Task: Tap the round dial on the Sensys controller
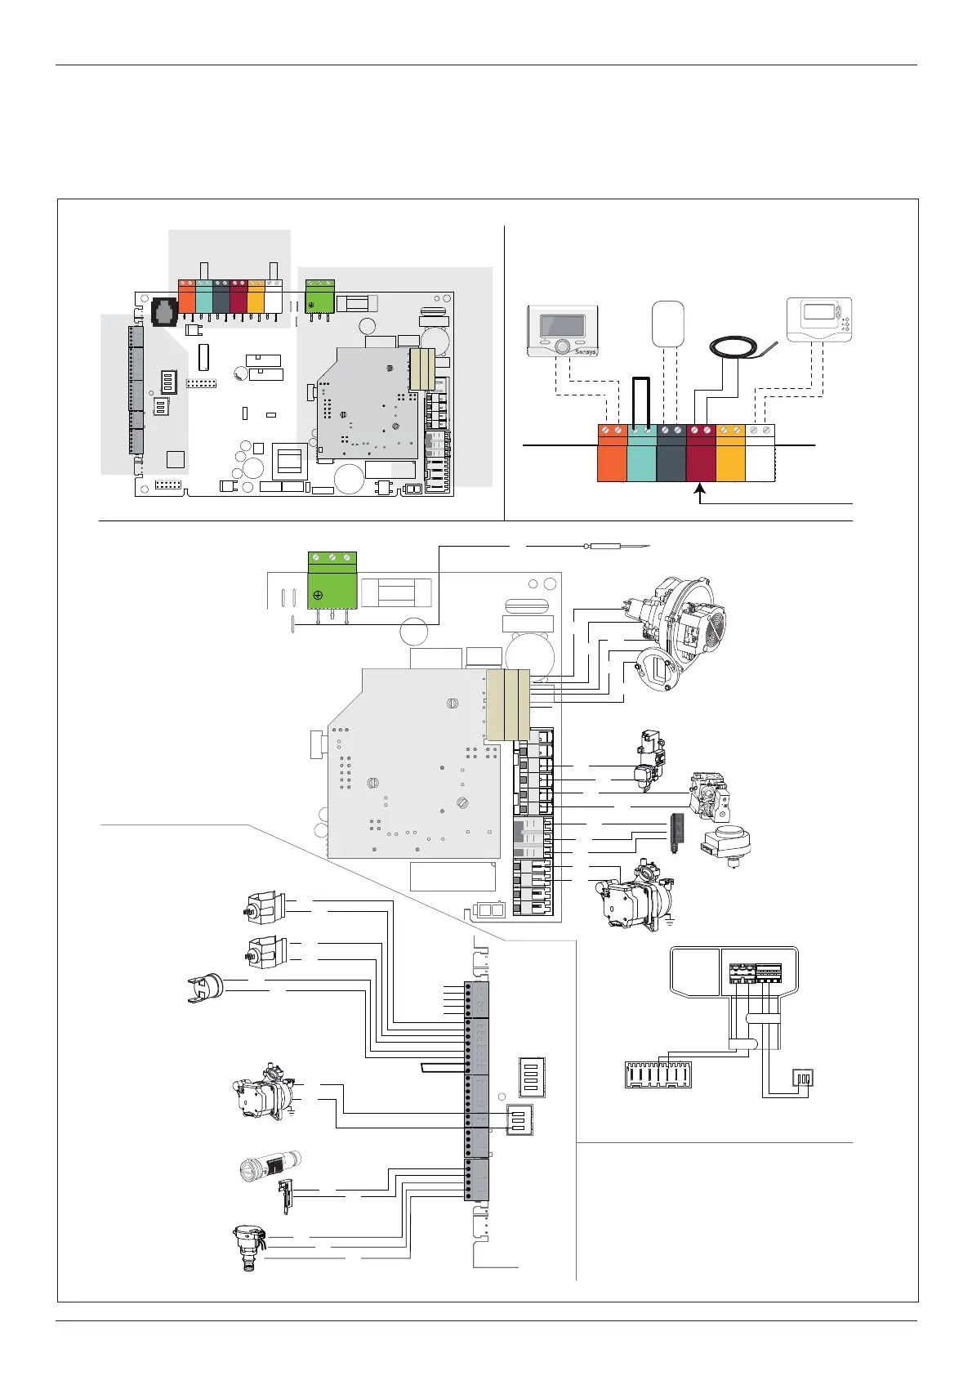(x=562, y=347)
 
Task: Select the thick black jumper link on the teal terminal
(x=641, y=400)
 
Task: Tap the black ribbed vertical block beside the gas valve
(x=675, y=833)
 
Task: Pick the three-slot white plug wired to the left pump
(x=519, y=1119)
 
